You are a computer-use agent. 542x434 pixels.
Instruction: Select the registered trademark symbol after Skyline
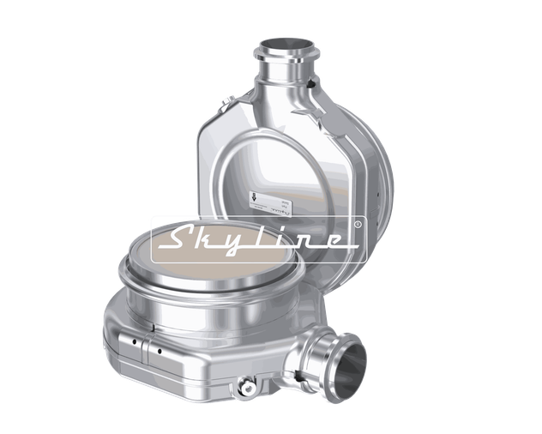click(x=357, y=225)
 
